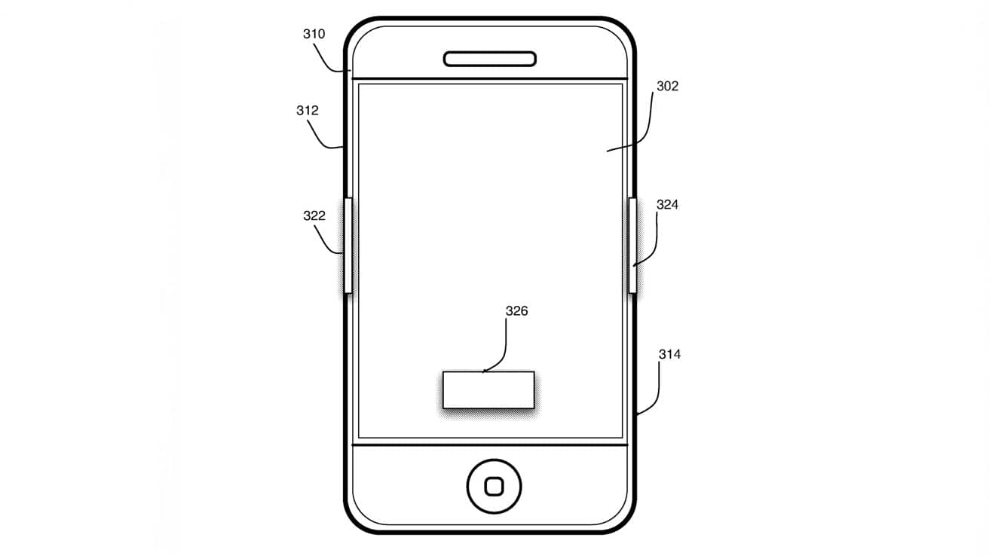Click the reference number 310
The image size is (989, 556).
(314, 34)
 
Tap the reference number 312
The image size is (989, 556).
(308, 110)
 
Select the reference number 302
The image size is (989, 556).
(667, 86)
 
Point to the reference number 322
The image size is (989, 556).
(314, 215)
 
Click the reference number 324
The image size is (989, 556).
(667, 205)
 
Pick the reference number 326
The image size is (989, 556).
(516, 311)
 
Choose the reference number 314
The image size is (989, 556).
(669, 354)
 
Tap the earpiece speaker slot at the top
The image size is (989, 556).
(490, 59)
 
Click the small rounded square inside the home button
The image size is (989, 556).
(494, 487)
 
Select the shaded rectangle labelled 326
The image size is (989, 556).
(488, 390)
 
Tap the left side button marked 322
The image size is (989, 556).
(348, 246)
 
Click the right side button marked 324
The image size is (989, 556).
(632, 246)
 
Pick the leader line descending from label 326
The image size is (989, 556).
(504, 353)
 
